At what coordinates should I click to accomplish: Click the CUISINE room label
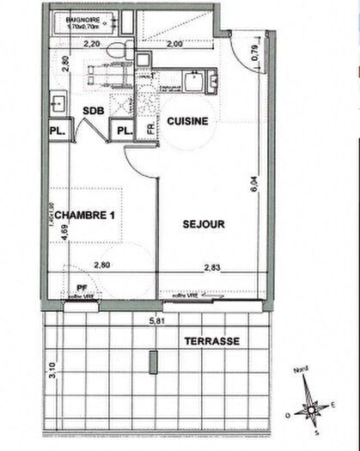[186, 122]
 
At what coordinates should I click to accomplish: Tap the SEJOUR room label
[204, 224]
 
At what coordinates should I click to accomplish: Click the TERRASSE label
[211, 341]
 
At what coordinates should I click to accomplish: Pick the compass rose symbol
[314, 409]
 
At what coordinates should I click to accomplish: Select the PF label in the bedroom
[82, 289]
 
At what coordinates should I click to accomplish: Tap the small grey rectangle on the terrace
[153, 362]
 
